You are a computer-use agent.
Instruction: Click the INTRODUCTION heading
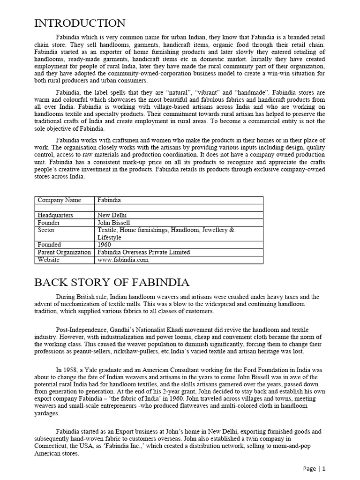(x=80, y=23)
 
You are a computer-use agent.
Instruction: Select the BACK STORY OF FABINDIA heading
(x=112, y=282)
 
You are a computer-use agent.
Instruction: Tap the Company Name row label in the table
(x=59, y=200)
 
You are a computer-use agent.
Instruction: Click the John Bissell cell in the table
(x=113, y=223)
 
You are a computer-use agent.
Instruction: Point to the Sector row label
(x=46, y=230)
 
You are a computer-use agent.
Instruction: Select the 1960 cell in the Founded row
(x=105, y=245)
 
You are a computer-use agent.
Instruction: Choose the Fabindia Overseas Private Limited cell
(x=143, y=252)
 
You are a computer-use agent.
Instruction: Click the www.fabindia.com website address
(x=123, y=260)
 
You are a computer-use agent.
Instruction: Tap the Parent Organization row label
(x=64, y=252)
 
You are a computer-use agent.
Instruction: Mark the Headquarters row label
(x=55, y=215)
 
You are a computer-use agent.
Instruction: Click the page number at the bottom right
(x=314, y=468)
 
